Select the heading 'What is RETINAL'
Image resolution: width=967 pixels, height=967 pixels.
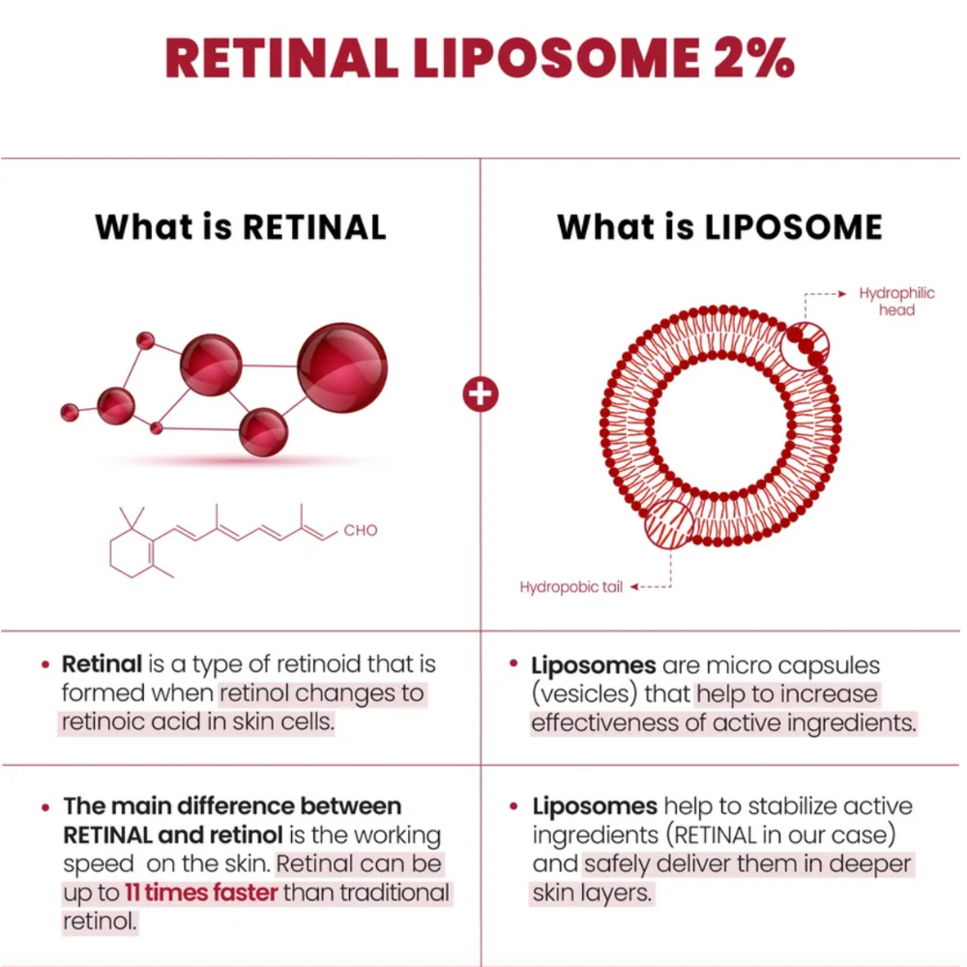coord(241,226)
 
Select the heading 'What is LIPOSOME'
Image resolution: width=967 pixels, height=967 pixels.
coord(719,226)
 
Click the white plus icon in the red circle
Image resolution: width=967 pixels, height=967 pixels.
coord(481,395)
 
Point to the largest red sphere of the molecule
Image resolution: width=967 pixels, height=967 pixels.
coord(341,368)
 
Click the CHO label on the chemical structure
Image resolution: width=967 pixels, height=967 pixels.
coord(361,530)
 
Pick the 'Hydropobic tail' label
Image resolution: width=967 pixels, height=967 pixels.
coord(571,587)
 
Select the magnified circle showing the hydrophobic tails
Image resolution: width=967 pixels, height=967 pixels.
coord(667,523)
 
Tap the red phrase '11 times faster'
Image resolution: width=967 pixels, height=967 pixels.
coord(201,892)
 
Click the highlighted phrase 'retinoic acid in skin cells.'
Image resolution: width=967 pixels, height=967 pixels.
coord(197,723)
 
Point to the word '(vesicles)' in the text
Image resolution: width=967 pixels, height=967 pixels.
coord(608,694)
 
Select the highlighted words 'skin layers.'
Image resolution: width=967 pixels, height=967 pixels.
coord(593,893)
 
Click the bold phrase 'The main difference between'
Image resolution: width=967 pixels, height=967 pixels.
coord(232,806)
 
